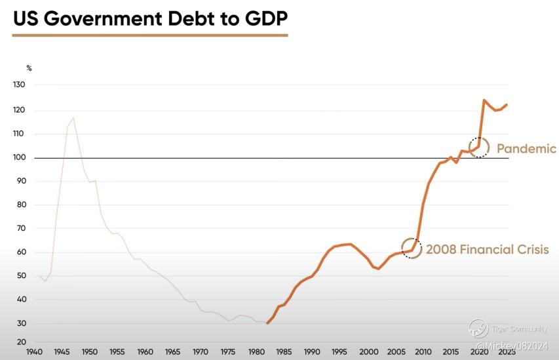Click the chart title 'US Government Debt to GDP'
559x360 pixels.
coord(150,19)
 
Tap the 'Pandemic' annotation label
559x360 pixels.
coord(526,149)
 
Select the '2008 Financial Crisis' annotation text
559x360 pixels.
coord(487,250)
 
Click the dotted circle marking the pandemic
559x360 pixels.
coord(479,148)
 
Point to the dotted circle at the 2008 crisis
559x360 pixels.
coord(411,249)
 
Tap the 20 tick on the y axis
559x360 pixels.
coord(21,342)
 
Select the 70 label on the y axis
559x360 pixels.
coord(21,229)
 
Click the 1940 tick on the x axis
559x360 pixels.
coord(35,352)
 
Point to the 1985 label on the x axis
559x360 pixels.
coord(284,352)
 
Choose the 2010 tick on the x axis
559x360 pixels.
coord(423,352)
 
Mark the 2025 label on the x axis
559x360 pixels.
coord(507,352)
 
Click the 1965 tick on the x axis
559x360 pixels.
coord(174,352)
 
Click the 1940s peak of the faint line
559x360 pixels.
coord(73,118)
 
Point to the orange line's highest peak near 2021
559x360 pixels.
coord(484,100)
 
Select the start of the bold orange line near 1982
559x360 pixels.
coord(267,323)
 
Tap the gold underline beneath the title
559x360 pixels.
coord(150,35)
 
